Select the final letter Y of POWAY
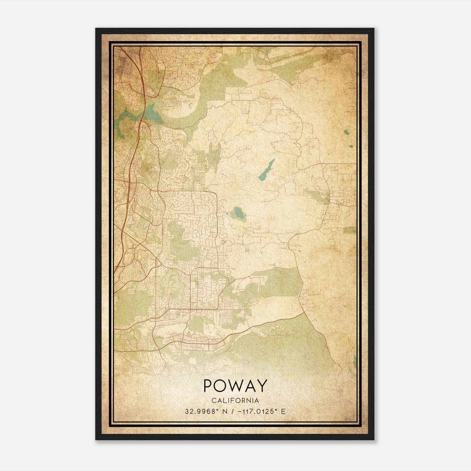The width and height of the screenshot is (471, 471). [262, 386]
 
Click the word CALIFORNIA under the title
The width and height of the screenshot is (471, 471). [235, 400]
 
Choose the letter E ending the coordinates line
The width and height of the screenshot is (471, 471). [283, 412]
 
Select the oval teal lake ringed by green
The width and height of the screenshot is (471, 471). [239, 213]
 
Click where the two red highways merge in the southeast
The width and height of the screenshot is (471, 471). [304, 313]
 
